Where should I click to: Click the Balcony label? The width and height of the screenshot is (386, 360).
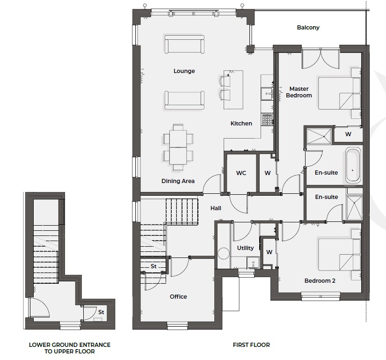[308, 27]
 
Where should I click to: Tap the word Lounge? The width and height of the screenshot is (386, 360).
[184, 71]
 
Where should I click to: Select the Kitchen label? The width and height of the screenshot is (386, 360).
[241, 124]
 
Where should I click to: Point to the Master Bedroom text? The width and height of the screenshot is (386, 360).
[299, 92]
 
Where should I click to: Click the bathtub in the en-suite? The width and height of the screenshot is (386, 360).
[353, 165]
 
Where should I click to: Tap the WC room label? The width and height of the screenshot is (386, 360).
[241, 173]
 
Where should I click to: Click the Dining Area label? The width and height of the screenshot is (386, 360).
[178, 181]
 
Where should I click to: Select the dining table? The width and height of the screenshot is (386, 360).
[178, 147]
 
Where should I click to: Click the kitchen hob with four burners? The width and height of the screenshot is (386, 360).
[267, 119]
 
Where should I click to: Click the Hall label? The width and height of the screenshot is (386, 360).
[216, 208]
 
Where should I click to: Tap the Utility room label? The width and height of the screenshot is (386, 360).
[245, 248]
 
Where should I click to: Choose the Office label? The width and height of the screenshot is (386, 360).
[178, 297]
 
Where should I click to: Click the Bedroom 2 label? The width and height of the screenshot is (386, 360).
[320, 281]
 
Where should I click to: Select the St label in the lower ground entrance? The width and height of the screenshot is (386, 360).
[101, 312]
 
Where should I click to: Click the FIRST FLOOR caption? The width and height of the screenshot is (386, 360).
[251, 345]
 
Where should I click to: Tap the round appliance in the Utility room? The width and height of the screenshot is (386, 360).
[224, 253]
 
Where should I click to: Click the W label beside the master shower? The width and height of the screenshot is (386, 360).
[348, 134]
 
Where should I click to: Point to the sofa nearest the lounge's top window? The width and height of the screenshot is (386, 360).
[184, 44]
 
